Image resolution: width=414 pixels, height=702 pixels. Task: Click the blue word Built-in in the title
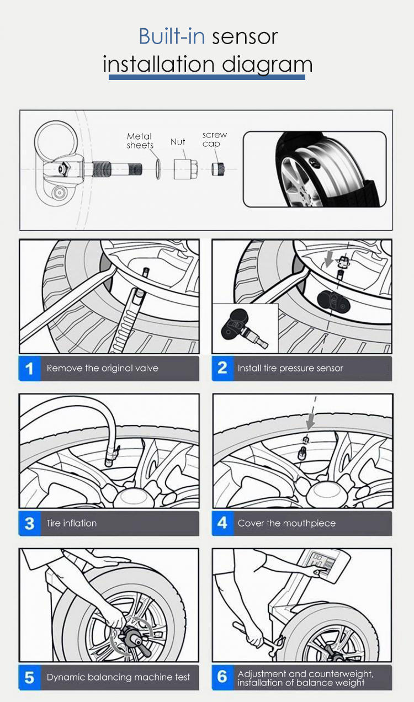[x=172, y=36]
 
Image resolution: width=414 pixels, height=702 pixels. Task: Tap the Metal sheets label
[x=140, y=141]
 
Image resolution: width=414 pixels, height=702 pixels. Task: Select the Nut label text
[x=178, y=142]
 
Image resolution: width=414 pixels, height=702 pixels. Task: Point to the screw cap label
[x=214, y=139]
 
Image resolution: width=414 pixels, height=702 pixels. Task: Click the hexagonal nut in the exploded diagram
[x=185, y=169]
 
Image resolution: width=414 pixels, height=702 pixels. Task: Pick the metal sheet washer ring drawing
[x=158, y=169]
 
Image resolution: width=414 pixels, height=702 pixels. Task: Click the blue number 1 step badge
[x=30, y=368]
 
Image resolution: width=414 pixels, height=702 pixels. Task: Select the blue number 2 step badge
[x=223, y=368]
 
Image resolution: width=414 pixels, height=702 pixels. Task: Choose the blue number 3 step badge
[x=30, y=523]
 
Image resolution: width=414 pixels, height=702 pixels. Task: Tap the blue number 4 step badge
[x=223, y=523]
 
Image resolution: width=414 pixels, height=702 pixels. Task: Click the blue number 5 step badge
[x=30, y=678]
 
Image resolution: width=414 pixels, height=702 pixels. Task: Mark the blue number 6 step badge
[x=223, y=678]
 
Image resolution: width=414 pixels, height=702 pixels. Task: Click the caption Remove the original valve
[x=103, y=368]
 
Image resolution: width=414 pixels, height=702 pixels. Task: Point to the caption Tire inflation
[x=71, y=523]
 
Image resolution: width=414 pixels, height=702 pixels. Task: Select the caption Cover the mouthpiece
[x=286, y=523]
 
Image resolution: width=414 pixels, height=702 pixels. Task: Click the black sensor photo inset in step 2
[x=245, y=328]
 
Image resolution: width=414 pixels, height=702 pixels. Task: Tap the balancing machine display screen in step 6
[x=321, y=562]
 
